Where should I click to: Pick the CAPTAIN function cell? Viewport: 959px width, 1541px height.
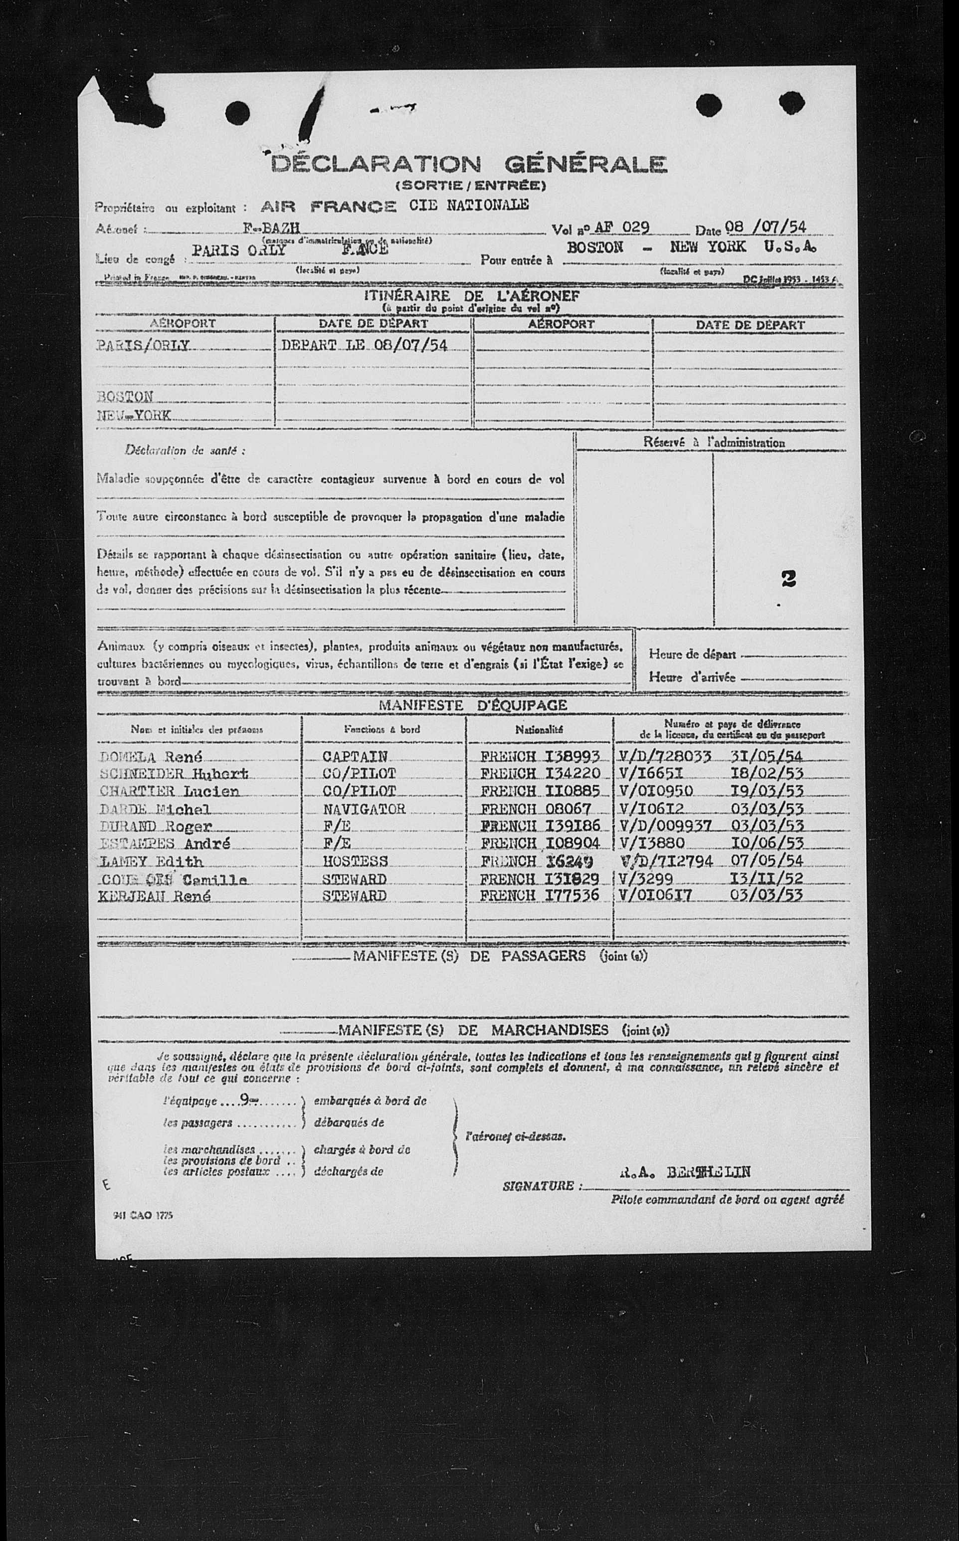coord(355,756)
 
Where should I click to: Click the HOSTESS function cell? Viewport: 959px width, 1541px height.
coord(355,861)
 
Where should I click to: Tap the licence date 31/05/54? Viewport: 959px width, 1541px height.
coord(767,756)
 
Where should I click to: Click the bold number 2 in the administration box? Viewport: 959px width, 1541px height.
coord(788,579)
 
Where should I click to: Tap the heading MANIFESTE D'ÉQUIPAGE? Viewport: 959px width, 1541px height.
coord(473,705)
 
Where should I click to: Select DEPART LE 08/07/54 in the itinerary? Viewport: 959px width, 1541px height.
coord(365,345)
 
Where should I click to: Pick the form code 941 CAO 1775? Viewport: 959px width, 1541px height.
coord(141,1215)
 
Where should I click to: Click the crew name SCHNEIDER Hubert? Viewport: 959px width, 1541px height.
coord(173,774)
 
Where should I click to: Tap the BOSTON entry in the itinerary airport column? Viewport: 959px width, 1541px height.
coord(125,397)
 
